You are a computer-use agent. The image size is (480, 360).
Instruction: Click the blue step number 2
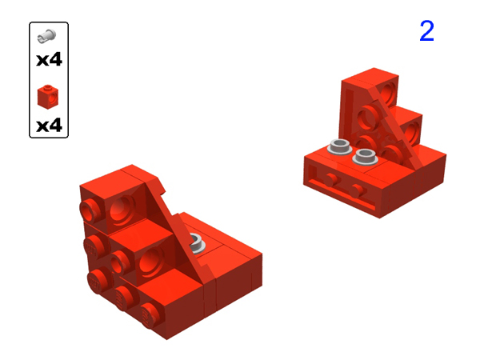pos(426,31)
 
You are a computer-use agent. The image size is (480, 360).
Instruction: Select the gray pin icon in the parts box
pos(48,35)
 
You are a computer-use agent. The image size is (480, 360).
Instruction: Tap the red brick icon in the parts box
pos(48,98)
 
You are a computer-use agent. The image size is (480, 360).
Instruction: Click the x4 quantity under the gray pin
pos(49,60)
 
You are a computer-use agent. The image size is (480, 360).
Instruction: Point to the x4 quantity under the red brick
pos(49,126)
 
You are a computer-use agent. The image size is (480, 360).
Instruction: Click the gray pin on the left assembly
pos(196,244)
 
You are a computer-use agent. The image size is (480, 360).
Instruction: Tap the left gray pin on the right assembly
pos(338,147)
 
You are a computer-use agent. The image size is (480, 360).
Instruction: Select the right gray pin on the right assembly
pos(366,154)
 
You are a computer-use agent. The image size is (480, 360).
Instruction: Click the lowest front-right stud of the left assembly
pos(150,314)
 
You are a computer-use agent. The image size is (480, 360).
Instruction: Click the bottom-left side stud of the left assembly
pos(98,280)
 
